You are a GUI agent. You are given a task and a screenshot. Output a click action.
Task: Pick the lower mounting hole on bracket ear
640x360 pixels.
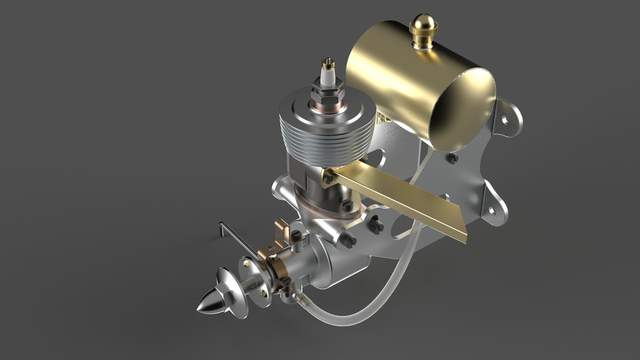(491, 211)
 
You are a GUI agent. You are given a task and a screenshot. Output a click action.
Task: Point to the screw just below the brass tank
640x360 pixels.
(452, 159)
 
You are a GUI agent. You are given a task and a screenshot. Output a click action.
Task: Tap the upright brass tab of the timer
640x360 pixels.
(283, 233)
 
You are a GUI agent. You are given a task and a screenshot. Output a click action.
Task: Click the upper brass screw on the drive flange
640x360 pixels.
(248, 264)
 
